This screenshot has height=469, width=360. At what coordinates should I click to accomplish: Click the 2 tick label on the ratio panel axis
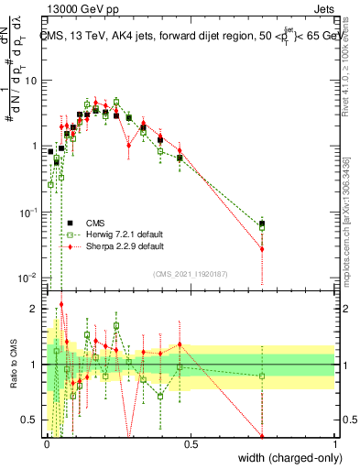click(37, 309)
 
